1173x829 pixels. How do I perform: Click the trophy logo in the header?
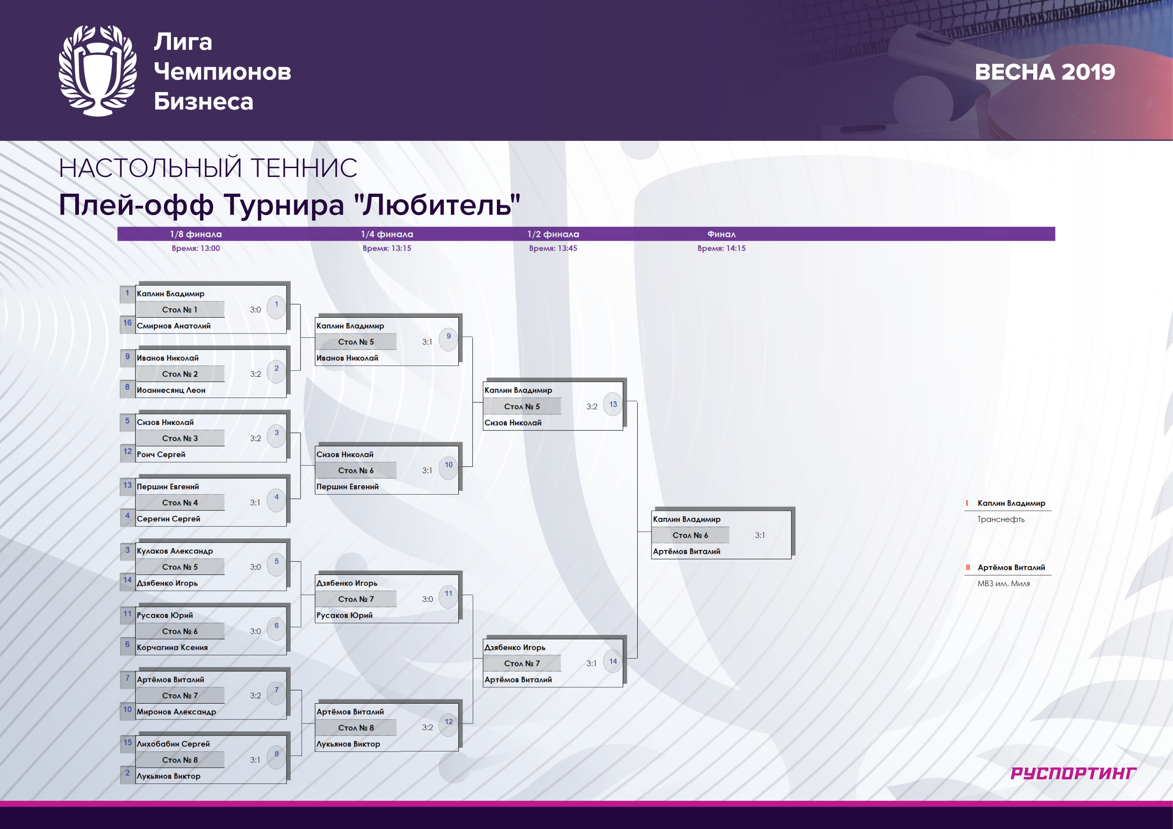pos(98,71)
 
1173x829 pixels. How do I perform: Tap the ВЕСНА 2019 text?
pos(1045,72)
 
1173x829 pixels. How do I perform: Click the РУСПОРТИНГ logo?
pos(1073,773)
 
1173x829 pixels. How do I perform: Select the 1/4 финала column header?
pos(387,234)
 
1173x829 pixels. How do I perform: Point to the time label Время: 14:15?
pos(721,248)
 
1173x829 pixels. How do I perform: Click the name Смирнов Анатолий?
pos(174,326)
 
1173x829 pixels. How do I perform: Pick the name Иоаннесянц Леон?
pos(171,390)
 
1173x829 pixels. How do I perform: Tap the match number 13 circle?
pos(613,404)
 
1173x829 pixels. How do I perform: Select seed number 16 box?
pos(127,323)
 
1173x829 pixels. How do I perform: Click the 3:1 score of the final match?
pos(760,535)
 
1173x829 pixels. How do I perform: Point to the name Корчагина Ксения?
pos(172,647)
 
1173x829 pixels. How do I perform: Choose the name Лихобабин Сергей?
pos(173,744)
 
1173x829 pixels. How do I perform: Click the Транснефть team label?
pos(1001,519)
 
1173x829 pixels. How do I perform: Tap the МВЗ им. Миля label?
pos(1004,584)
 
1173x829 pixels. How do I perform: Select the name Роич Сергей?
pos(161,454)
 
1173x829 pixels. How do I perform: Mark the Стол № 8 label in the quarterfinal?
pos(356,728)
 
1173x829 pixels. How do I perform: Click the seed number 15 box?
pos(127,743)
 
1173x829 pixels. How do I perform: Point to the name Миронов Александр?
pos(176,712)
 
